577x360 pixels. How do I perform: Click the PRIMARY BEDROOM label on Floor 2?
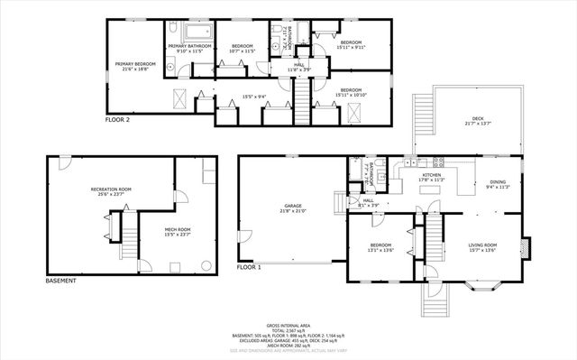[x=135, y=65]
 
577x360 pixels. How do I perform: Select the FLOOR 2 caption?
[x=117, y=119]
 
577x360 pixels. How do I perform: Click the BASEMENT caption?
[x=60, y=281]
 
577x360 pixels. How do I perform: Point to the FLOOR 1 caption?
[x=249, y=268]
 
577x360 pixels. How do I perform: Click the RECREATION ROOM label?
[x=111, y=190]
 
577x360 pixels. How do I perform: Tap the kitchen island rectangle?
[x=464, y=181]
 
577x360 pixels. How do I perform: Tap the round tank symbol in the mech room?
[x=176, y=266]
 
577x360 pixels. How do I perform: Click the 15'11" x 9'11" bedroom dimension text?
[x=351, y=44]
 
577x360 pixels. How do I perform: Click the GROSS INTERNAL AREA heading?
[x=288, y=325]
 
